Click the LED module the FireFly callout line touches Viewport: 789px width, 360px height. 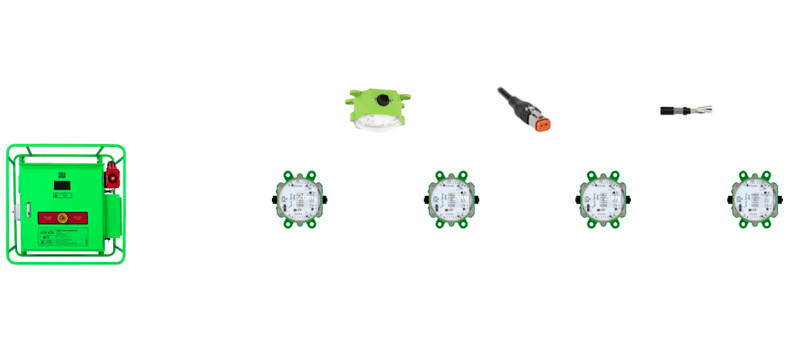coord(452,199)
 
